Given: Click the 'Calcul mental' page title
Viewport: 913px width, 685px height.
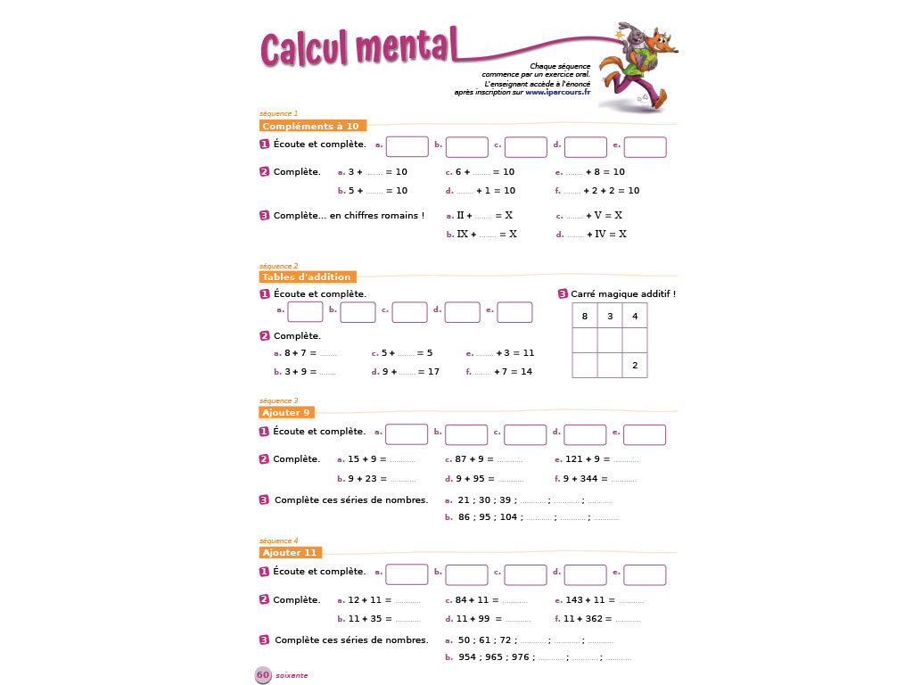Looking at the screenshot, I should pyautogui.click(x=358, y=47).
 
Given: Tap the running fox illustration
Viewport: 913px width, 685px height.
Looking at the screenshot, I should pyautogui.click(x=641, y=65).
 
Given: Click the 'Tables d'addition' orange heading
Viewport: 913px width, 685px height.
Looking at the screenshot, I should pyautogui.click(x=307, y=277).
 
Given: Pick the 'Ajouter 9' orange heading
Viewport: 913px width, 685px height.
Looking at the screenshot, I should pyautogui.click(x=286, y=413).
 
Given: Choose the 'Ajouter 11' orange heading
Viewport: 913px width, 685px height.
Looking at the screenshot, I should pyautogui.click(x=290, y=553).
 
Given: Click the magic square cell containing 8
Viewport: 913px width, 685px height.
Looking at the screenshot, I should pyautogui.click(x=584, y=317).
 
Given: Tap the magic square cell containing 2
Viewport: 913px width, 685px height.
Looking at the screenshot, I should pyautogui.click(x=634, y=366).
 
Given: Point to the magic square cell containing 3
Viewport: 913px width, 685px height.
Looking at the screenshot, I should pyautogui.click(x=609, y=317).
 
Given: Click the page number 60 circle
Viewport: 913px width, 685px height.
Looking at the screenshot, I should pyautogui.click(x=263, y=675).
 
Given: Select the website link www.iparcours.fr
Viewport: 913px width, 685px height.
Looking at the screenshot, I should pyautogui.click(x=558, y=93).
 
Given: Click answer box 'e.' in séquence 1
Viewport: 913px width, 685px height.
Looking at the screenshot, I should pyautogui.click(x=645, y=146).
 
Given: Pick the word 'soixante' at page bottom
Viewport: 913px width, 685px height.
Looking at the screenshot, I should pyautogui.click(x=292, y=675).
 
